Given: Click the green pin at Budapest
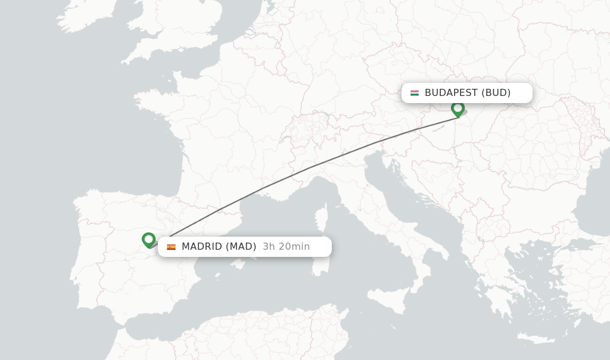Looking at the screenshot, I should tap(457, 108).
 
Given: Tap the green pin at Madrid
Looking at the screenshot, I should tap(148, 240).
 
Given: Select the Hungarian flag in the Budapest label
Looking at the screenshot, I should tap(415, 93).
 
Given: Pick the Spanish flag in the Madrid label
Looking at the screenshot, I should tap(172, 247).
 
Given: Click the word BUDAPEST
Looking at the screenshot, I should tap(451, 93).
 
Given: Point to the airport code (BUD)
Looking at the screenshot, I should tap(496, 93).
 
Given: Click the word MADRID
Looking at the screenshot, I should tap(202, 247).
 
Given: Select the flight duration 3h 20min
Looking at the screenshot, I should tap(286, 247).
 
